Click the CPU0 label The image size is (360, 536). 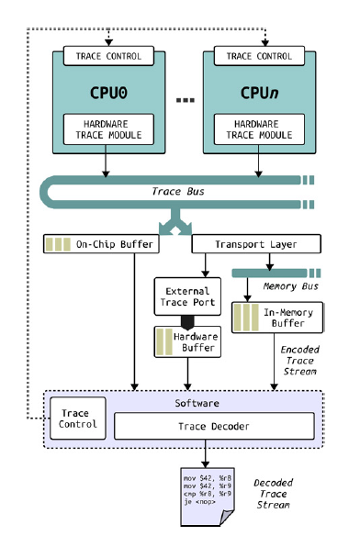pos(108,93)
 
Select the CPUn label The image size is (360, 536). pos(260,93)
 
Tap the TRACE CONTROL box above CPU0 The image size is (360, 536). pos(108,57)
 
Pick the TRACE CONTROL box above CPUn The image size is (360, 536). pos(260,57)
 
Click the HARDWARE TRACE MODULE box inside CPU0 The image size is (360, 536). pos(108,129)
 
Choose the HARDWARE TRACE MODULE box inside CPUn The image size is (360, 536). pos(260,129)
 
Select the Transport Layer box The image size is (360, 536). pos(256,244)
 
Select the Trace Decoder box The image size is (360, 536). pos(214,425)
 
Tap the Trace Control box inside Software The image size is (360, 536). pos(77,419)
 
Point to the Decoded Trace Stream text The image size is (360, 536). pos(273,494)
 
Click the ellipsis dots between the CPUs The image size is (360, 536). pos(184,97)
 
